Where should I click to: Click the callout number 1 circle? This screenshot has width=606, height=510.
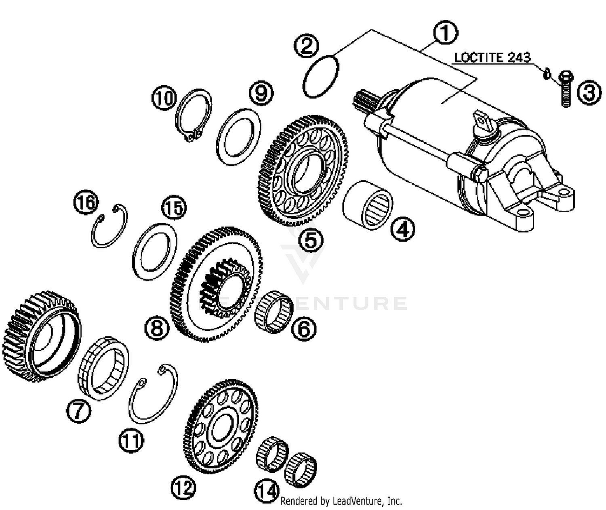(x=445, y=33)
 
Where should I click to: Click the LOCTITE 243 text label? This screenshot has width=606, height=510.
(x=492, y=57)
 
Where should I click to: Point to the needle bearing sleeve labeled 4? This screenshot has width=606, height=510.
(x=368, y=205)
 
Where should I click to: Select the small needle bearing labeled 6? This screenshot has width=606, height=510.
(x=274, y=312)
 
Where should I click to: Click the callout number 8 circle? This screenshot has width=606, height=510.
(x=156, y=327)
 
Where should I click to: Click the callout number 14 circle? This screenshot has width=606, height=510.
(x=267, y=492)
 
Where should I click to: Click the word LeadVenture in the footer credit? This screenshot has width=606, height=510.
(x=356, y=501)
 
